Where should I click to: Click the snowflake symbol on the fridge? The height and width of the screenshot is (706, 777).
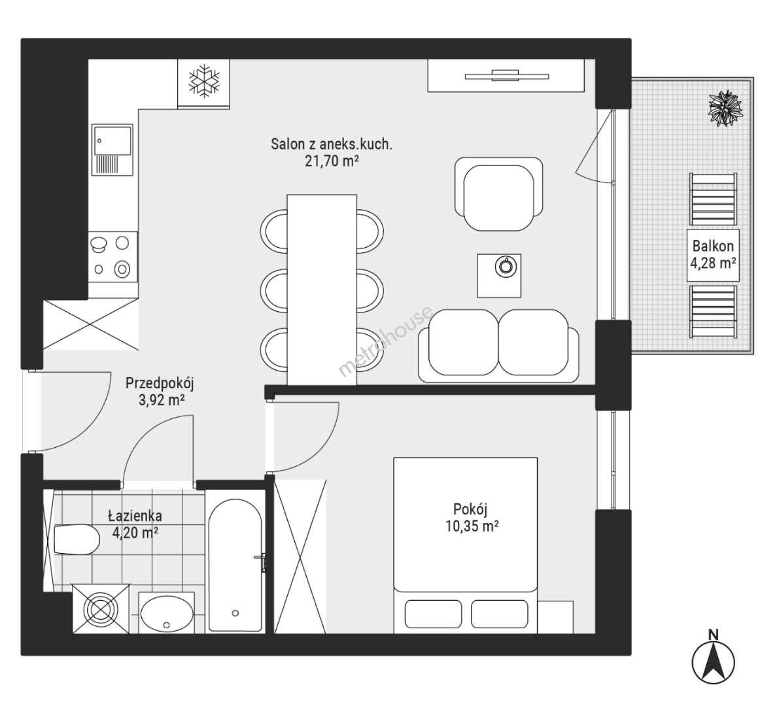click(203, 80)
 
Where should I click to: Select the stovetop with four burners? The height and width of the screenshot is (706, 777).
click(113, 257)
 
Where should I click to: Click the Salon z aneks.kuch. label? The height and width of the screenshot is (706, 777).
click(332, 144)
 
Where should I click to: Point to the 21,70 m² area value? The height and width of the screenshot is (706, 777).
click(332, 161)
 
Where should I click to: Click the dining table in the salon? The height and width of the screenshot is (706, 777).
click(322, 290)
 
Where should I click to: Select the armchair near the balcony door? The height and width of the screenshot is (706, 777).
click(498, 194)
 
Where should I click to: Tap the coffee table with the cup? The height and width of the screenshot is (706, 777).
click(499, 276)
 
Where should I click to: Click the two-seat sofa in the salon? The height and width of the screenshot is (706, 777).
click(498, 346)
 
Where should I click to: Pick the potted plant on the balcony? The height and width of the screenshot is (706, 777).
click(726, 108)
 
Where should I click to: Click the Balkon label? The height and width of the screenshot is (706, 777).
click(713, 246)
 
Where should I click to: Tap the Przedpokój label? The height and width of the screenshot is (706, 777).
click(160, 383)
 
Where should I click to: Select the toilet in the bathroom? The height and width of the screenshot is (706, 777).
click(77, 539)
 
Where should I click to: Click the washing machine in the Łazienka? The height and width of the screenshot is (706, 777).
click(101, 609)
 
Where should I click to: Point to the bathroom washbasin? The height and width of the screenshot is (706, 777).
click(167, 613)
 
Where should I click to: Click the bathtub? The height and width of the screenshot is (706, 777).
click(235, 565)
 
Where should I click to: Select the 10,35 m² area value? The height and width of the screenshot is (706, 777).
click(472, 526)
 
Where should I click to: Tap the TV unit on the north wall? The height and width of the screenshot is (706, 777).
click(506, 75)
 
